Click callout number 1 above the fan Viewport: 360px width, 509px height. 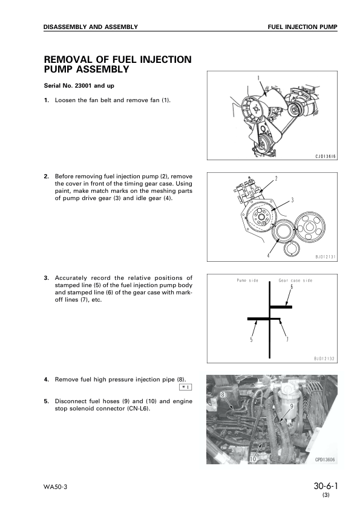[258, 78]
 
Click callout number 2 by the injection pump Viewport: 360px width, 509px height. [276, 178]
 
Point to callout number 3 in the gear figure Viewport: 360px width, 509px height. [293, 199]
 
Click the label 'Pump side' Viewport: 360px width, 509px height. [247, 280]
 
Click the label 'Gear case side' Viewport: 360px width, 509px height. [296, 280]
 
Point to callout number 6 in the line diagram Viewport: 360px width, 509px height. [291, 288]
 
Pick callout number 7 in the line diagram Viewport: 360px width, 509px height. [287, 339]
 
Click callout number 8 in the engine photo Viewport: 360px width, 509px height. [223, 394]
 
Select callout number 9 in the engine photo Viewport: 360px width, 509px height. [292, 406]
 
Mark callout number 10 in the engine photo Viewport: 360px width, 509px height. [252, 459]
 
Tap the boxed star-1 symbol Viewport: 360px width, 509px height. [186, 387]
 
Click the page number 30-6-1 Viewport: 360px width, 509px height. [326, 485]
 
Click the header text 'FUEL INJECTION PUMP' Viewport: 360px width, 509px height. [302, 27]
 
